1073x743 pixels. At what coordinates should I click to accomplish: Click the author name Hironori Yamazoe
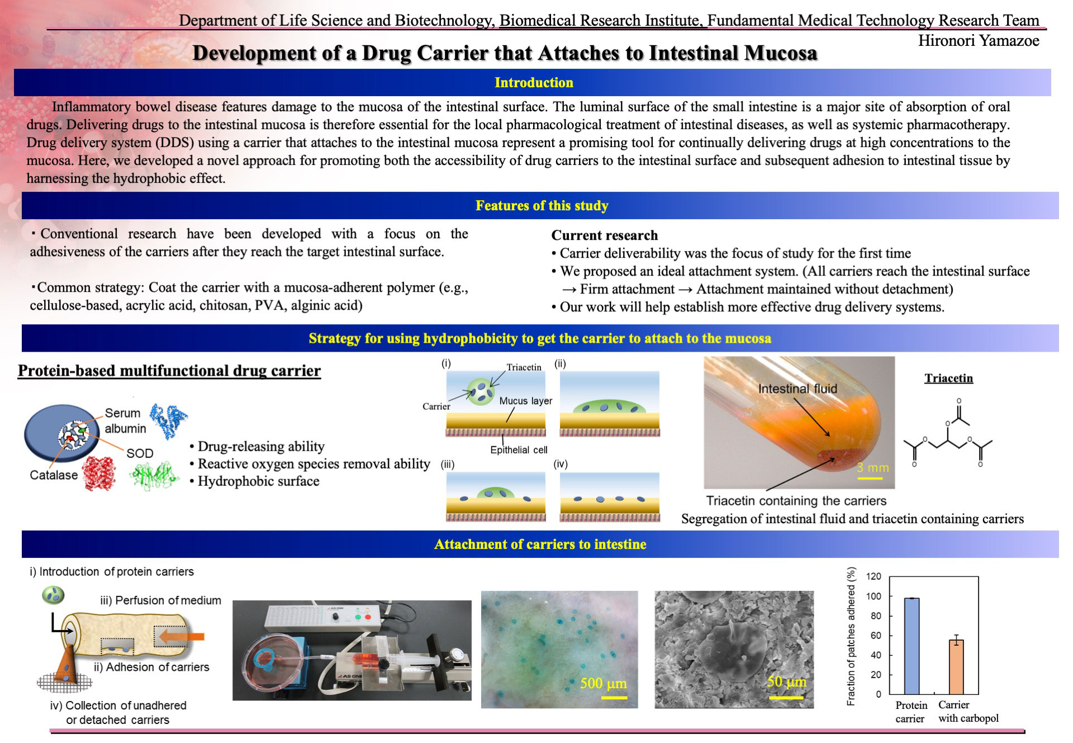tap(979, 41)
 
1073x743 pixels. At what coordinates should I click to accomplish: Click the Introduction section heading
tap(534, 83)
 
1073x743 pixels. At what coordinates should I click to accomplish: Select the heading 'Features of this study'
tap(542, 206)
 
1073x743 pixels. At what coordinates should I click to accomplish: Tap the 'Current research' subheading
tap(605, 235)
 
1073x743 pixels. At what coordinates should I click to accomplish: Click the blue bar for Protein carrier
tap(911, 646)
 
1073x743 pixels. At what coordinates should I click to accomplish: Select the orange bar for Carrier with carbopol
tap(956, 667)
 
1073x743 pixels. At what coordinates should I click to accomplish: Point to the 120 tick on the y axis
tap(873, 576)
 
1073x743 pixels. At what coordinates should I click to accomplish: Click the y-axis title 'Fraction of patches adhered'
tap(851, 636)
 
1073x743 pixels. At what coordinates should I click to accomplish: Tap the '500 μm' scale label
tap(603, 683)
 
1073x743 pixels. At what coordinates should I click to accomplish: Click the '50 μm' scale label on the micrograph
tap(786, 682)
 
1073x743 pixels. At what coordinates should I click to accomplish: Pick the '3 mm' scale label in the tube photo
tap(872, 467)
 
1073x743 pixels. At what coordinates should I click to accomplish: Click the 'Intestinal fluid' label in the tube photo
tap(797, 389)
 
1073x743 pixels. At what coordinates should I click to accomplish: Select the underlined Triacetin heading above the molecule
tap(948, 378)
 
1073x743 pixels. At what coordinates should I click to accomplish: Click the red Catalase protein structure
tap(99, 472)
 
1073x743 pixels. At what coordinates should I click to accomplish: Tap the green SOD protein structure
tap(154, 476)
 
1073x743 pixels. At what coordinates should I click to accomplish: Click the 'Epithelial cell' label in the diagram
tap(519, 450)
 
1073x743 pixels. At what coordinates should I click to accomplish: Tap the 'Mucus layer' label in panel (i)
tap(525, 401)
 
